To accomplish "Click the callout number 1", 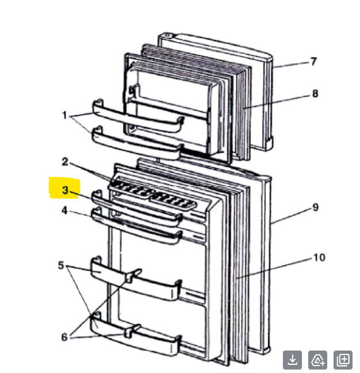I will pyautogui.click(x=65, y=115).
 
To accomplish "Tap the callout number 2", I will pyautogui.click(x=65, y=162).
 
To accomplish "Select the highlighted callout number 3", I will pyautogui.click(x=65, y=190).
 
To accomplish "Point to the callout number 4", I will pyautogui.click(x=65, y=211).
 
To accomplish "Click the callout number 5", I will pyautogui.click(x=62, y=265).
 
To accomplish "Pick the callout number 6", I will pyautogui.click(x=64, y=337).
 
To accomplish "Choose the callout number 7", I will pyautogui.click(x=313, y=62).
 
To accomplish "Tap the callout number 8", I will pyautogui.click(x=315, y=94).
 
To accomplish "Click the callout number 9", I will pyautogui.click(x=315, y=207).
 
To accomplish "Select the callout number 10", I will pyautogui.click(x=319, y=257).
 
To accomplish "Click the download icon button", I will pyautogui.click(x=292, y=360).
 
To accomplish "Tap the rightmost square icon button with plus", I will pyautogui.click(x=343, y=360).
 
